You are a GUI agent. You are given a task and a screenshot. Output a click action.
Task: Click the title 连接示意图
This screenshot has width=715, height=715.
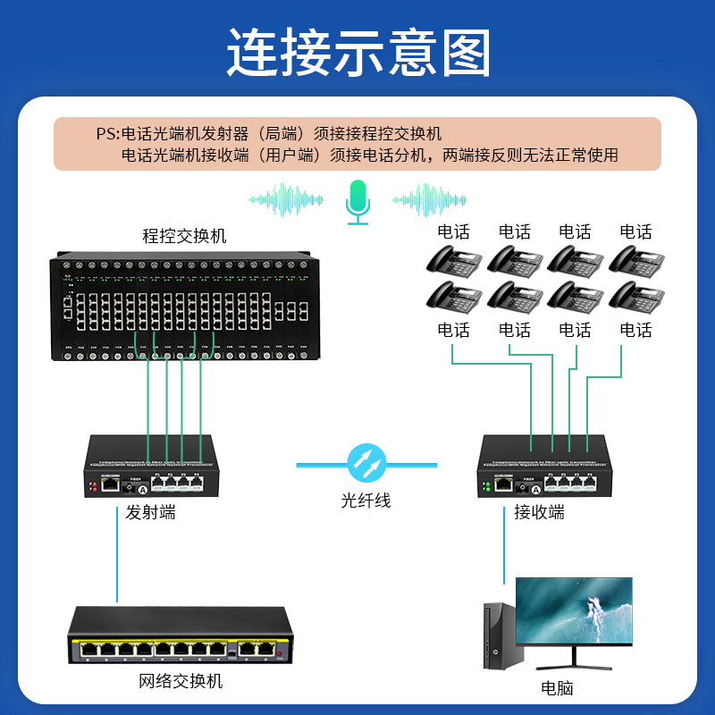tap(357, 52)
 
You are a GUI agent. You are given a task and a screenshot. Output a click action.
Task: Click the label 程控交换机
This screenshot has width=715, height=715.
tap(185, 236)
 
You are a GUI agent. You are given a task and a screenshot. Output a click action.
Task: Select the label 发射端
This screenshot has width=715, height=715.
tap(150, 513)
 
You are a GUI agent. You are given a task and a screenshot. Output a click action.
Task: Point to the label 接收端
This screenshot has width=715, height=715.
tap(539, 513)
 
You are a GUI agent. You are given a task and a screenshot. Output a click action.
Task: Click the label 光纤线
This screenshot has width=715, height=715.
tap(366, 500)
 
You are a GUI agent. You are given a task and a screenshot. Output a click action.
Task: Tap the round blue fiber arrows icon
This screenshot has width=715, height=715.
tap(366, 463)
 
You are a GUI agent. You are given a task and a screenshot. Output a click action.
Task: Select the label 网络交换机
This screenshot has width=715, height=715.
tap(181, 682)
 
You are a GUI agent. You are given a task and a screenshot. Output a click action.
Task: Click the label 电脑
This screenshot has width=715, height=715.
tap(557, 688)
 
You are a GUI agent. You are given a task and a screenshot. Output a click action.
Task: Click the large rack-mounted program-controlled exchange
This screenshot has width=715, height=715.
tap(186, 306)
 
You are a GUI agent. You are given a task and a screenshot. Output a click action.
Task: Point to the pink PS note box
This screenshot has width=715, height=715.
tap(357, 144)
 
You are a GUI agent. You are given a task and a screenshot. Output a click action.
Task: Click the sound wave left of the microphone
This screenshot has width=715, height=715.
tap(286, 199)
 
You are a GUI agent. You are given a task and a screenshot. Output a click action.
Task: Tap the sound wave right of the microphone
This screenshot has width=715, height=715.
tap(429, 199)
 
